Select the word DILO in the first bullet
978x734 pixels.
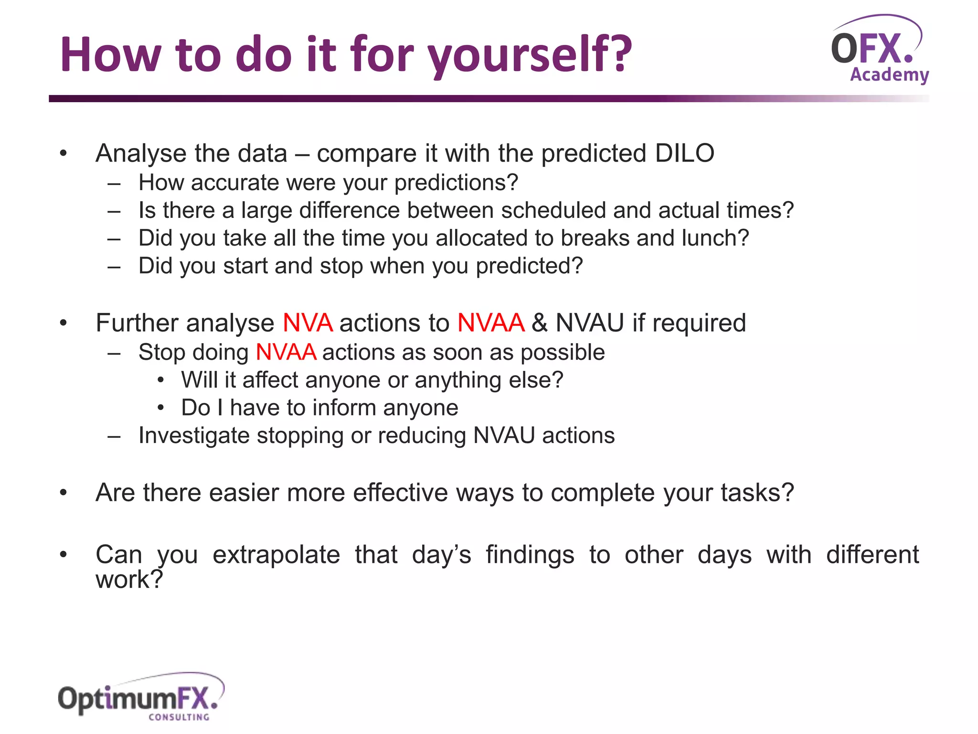[x=684, y=153]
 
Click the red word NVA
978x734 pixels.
[x=308, y=323]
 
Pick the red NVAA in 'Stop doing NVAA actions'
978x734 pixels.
[x=286, y=353]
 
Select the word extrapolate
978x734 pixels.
[x=276, y=555]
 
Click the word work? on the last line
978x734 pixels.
[x=129, y=580]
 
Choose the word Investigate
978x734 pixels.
[x=194, y=436]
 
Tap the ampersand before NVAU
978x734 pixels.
[x=539, y=323]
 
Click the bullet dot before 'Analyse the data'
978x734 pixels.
[x=64, y=153]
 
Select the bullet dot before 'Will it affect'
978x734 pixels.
[x=161, y=380]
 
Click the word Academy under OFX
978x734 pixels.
[x=889, y=75]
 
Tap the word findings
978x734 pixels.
[x=530, y=555]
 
